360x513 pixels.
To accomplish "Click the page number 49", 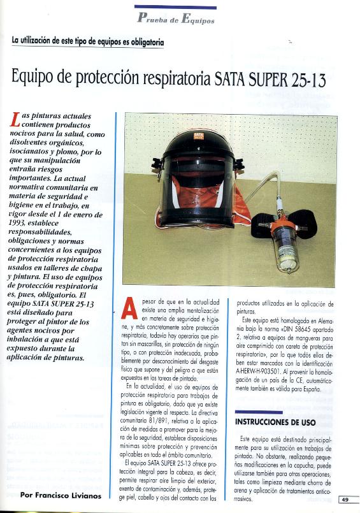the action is coord(344,500).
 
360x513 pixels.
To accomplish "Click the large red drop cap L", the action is coord(15,121).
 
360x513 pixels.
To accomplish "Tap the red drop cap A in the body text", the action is coord(129,307).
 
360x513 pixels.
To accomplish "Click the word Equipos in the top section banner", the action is coord(198,19).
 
